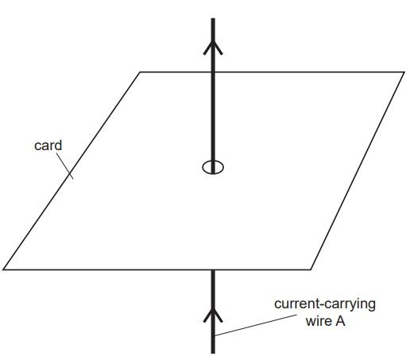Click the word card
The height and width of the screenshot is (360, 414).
coord(48,145)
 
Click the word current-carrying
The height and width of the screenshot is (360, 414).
coord(325,304)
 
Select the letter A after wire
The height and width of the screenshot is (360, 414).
coord(340,321)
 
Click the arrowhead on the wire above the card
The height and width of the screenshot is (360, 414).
coord(213,48)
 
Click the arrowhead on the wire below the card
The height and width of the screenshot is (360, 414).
coord(213,315)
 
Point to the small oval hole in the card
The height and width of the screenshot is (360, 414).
coord(213,167)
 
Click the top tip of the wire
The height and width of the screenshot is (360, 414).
coord(213,18)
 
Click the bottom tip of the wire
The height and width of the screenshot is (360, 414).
coord(213,353)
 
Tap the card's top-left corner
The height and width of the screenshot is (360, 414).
coord(140,72)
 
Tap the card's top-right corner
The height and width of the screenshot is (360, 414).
coord(404,72)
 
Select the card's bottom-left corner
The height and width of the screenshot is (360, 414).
coord(3,269)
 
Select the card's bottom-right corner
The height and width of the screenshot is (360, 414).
coord(311,269)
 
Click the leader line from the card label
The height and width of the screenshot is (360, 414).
coord(64,166)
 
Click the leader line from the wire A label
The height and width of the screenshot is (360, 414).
coord(256,325)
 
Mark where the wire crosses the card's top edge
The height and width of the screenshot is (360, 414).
coord(213,72)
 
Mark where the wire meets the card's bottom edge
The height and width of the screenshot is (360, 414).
coord(213,269)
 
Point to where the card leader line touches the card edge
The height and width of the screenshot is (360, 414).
coord(70,174)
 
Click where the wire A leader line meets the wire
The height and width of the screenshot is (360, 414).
coord(215,336)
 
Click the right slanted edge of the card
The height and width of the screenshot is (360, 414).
coord(358,171)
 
